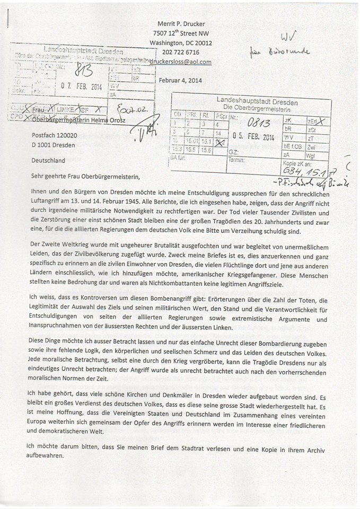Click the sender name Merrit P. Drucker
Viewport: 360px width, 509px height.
pos(181,23)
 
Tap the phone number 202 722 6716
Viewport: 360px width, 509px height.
pos(181,52)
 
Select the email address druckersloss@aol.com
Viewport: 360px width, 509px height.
pos(181,62)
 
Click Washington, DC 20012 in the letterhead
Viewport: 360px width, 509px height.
pos(181,42)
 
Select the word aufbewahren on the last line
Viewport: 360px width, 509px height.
pos(48,455)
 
